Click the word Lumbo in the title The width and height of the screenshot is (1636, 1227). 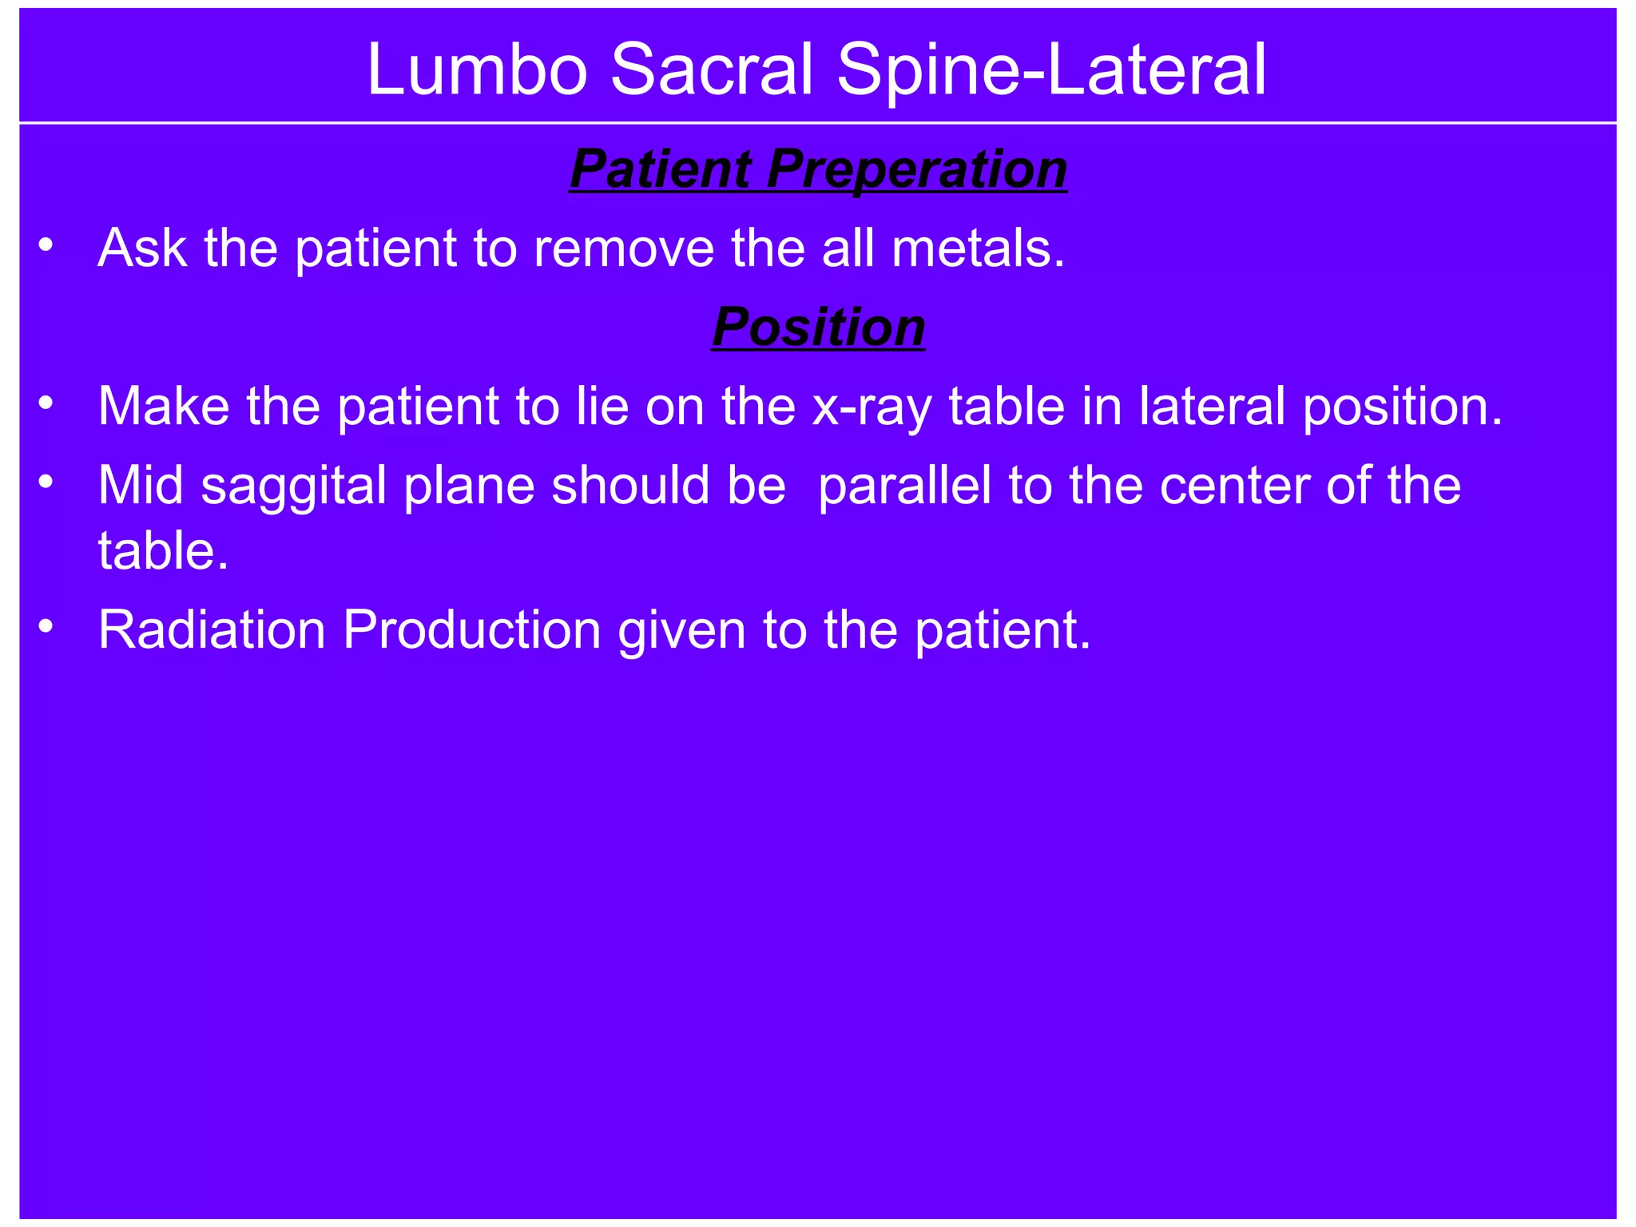click(477, 70)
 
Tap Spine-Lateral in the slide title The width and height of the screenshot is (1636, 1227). click(1051, 70)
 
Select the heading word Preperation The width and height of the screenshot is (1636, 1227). click(916, 169)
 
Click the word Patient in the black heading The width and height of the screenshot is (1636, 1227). click(660, 169)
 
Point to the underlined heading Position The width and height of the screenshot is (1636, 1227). click(818, 328)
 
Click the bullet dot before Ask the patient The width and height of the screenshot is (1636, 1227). click(46, 244)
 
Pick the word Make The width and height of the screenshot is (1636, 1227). click(164, 406)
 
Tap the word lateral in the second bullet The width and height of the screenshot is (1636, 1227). click(1213, 406)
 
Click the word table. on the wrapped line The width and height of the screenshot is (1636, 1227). click(163, 550)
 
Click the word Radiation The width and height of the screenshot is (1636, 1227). click(211, 629)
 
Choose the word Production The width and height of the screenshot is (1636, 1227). click(471, 629)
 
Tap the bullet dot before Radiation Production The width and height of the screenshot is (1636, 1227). click(46, 626)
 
